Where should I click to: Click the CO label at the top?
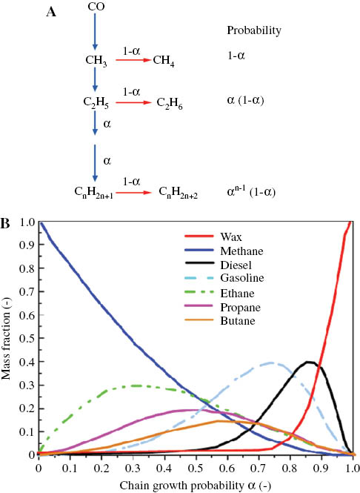[96, 7]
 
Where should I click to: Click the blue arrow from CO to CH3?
[96, 34]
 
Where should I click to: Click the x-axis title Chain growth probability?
[196, 485]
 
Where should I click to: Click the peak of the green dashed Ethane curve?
[136, 386]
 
